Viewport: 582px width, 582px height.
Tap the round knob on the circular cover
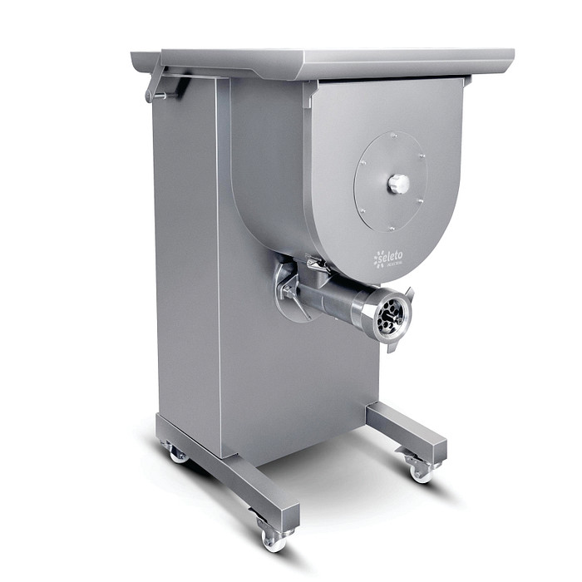pos(398,184)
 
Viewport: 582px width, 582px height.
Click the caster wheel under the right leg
pos(420,471)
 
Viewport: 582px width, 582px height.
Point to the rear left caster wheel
pos(177,453)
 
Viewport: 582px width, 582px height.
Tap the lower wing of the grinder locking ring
pos(391,346)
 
